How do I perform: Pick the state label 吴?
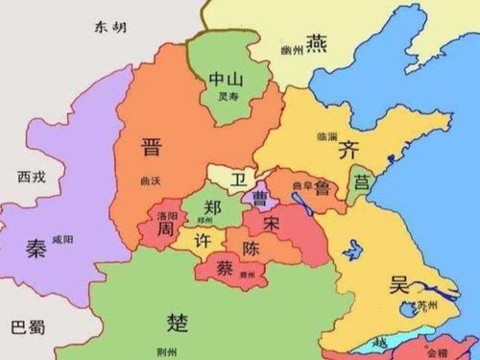click(399, 284)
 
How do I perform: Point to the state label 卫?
click(235, 178)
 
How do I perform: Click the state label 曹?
click(259, 198)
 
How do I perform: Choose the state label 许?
click(203, 238)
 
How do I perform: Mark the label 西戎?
click(32, 177)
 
